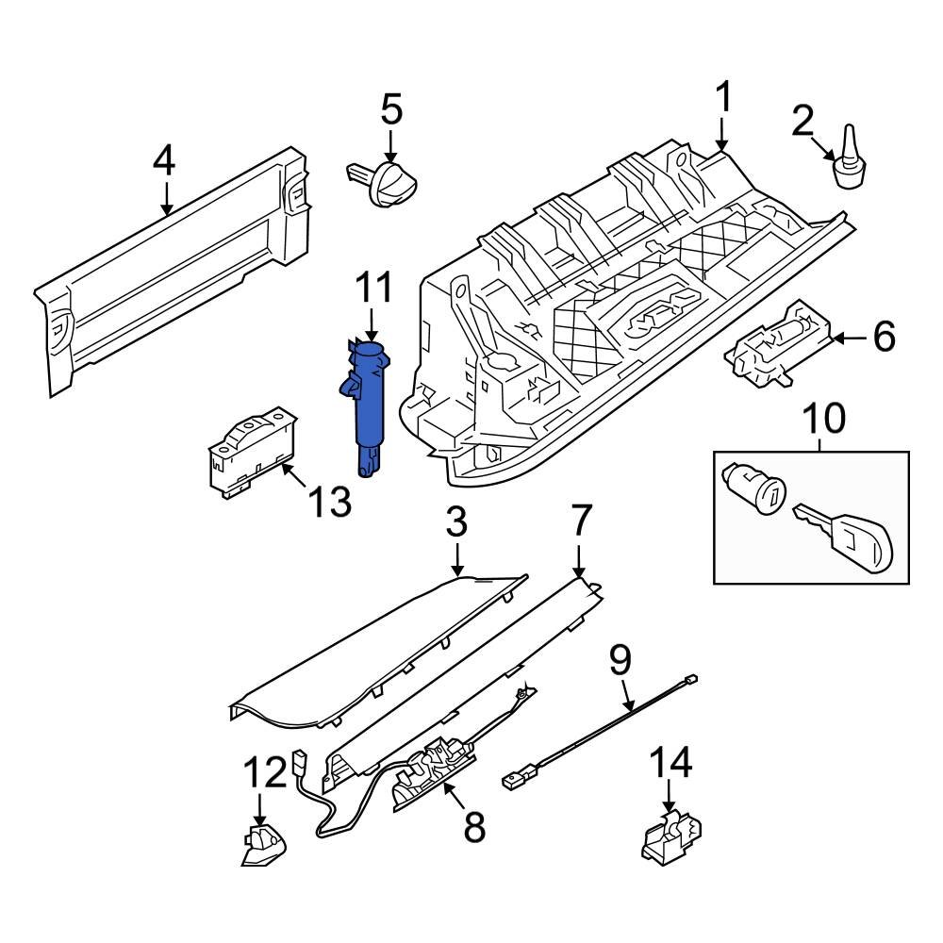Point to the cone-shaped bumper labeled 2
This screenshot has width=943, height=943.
pos(851,159)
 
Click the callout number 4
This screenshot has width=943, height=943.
pos(164,161)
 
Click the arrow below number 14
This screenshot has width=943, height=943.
pos(670,798)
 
